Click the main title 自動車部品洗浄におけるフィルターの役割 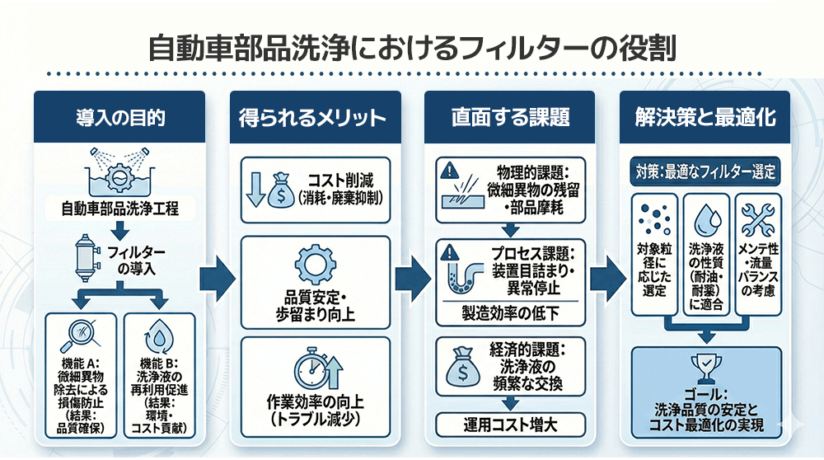point(411,47)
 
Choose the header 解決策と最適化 point(705,117)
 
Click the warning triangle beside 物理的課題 point(448,171)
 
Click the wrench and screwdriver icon point(756,219)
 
